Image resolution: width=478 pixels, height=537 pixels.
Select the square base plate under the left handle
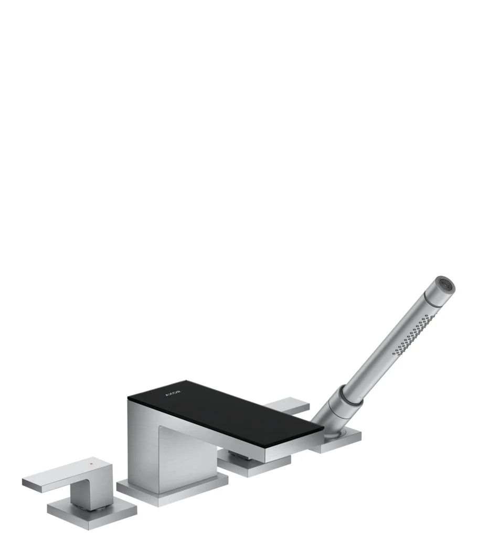[x=92, y=513]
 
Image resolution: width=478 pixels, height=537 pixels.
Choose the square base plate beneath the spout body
[x=172, y=491]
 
